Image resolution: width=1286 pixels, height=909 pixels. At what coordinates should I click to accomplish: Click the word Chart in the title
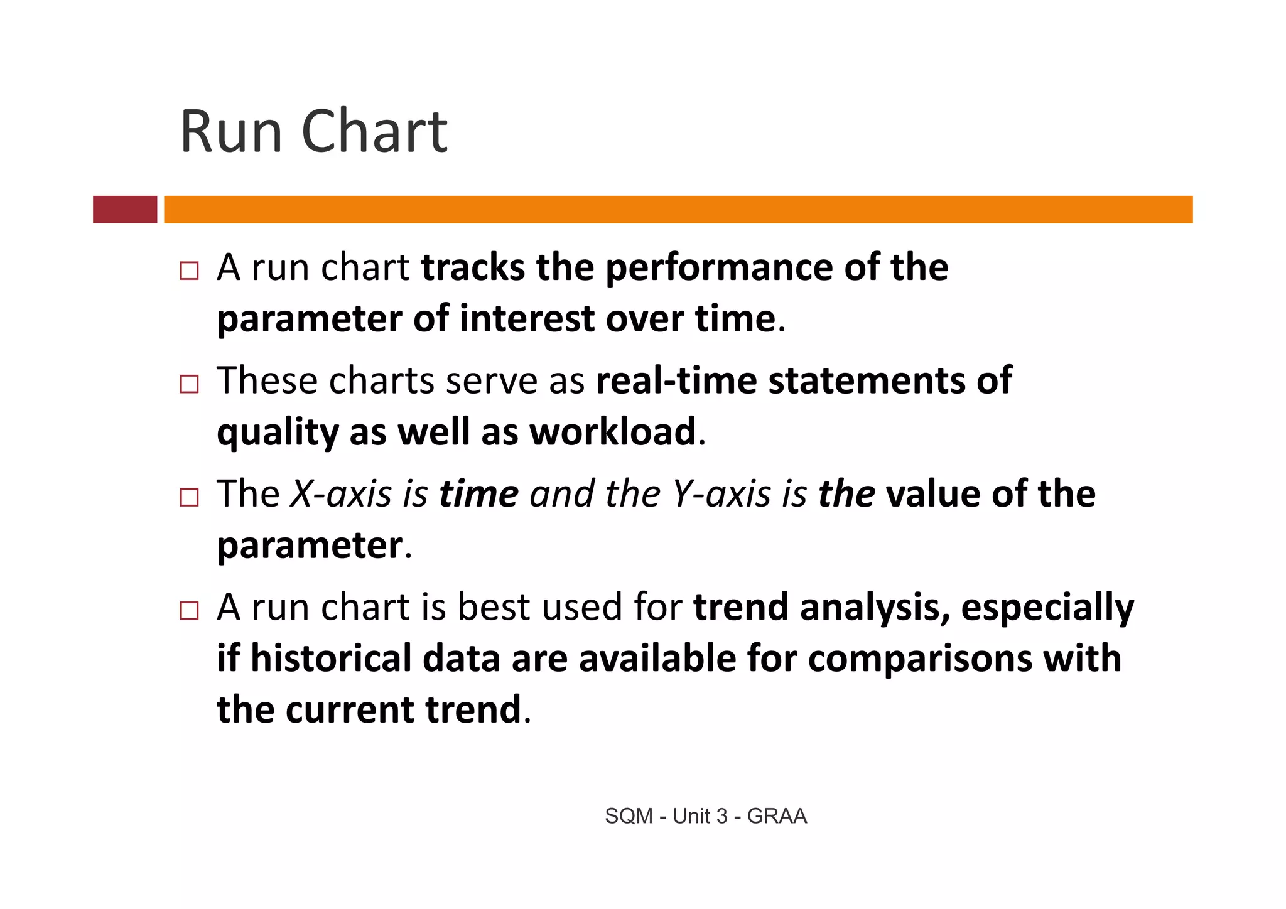click(375, 132)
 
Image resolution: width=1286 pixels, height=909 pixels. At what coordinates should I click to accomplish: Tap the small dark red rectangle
click(125, 209)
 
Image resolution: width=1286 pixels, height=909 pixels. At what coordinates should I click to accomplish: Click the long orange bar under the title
click(678, 209)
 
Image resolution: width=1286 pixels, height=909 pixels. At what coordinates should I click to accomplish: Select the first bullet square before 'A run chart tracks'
click(189, 271)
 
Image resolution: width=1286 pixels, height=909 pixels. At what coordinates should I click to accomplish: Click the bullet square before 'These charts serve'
click(189, 384)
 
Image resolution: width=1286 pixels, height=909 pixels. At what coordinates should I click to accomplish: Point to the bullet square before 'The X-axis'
click(189, 497)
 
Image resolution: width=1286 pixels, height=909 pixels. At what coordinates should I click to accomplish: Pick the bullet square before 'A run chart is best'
click(189, 610)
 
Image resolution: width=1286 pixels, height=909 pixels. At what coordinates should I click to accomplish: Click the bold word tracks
click(472, 267)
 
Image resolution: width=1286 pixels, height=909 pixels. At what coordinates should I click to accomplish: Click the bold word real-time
click(676, 380)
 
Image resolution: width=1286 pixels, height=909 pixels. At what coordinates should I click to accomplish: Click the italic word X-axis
click(341, 494)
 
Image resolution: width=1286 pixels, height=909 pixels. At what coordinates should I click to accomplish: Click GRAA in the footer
click(777, 816)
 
